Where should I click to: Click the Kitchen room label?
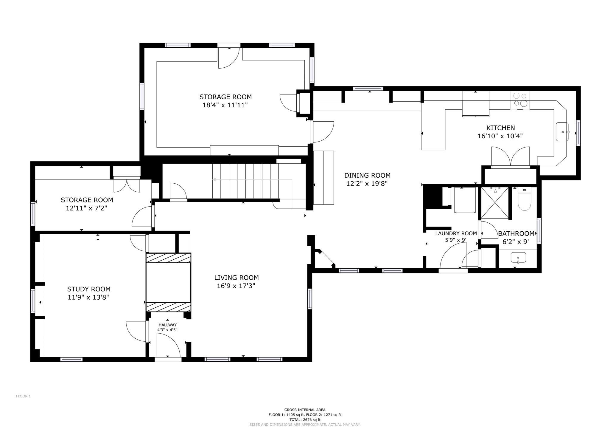point(500,128)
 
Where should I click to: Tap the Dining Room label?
point(367,176)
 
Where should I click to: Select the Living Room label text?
point(236,278)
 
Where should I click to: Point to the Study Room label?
point(89,289)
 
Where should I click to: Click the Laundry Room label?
point(456,233)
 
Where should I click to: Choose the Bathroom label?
point(516,234)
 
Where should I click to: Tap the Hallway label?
point(167,325)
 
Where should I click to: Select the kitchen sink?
point(562,131)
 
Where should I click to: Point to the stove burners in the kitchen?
point(520,100)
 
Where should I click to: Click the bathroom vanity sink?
point(518,258)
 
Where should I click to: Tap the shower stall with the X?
point(494,202)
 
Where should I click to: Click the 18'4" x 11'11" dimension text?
point(225,105)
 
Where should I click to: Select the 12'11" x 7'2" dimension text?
point(87,208)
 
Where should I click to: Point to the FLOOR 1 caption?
point(23,396)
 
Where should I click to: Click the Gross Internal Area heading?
point(305,410)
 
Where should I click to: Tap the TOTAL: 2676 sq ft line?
point(305,419)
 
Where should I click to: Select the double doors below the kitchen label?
point(510,156)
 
